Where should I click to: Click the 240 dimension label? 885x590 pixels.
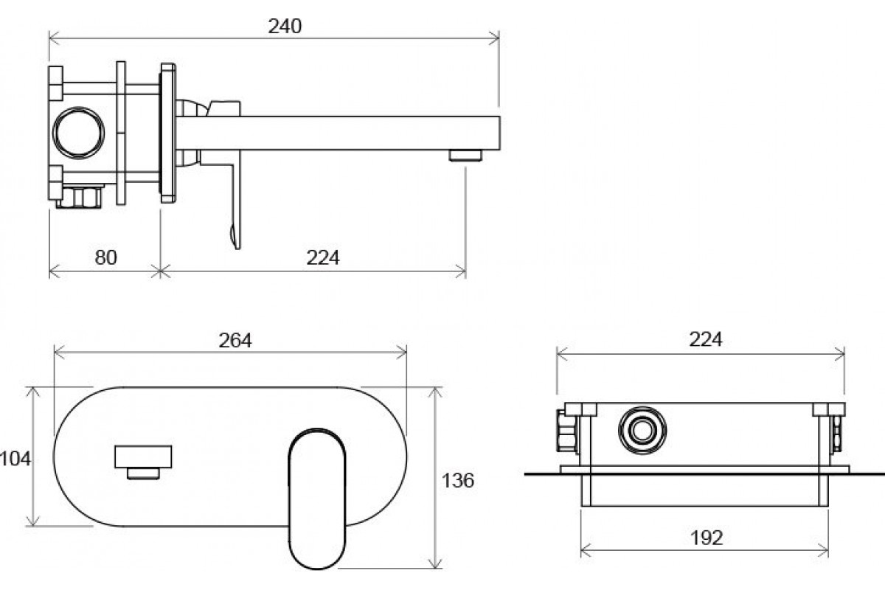(285, 27)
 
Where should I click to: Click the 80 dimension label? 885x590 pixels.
(106, 257)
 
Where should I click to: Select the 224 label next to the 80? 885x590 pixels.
(323, 257)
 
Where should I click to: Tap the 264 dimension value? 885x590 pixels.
(235, 340)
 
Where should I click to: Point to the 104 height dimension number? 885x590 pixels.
(15, 459)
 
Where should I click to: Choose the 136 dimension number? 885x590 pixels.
(457, 481)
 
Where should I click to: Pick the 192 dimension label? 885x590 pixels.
(707, 538)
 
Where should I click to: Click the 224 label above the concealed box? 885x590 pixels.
(705, 339)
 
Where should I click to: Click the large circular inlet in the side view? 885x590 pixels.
(79, 133)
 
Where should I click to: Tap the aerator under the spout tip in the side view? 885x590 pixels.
(465, 156)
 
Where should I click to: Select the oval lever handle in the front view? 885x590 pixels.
(317, 499)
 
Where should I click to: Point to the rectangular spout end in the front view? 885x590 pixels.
(143, 457)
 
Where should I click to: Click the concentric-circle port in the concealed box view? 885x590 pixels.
(642, 431)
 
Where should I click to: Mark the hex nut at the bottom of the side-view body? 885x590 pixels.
(79, 196)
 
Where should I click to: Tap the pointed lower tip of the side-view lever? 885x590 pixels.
(237, 248)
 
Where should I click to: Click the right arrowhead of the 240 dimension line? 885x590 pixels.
(494, 38)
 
